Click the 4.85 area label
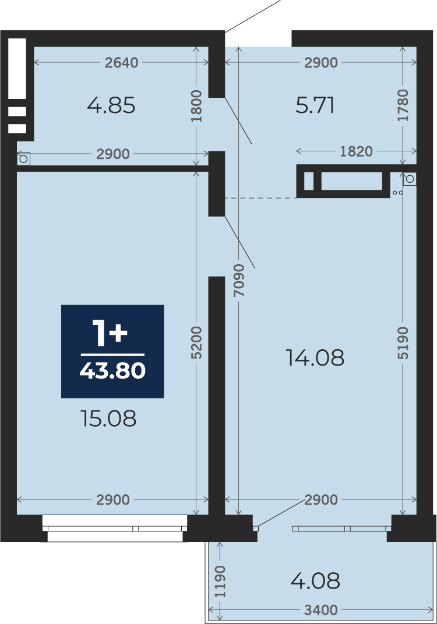pos(111,105)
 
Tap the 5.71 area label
pos(315,105)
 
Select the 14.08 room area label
pos(315,357)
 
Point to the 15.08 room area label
pos(108,419)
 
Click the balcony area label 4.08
pos(315,580)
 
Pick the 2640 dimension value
pos(122,62)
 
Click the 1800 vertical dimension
pos(196,107)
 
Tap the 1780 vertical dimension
pos(403,105)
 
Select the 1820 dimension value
pos(356,151)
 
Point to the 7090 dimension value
pos(239,280)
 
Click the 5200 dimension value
pos(196,343)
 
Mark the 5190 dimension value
pos(403,343)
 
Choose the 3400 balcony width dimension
pos(320,609)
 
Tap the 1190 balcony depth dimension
pos(220,582)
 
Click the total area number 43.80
pos(112,371)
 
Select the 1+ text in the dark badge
pos(110,332)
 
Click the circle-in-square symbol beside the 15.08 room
pos(23,159)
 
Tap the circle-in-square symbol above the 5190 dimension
pos(410,179)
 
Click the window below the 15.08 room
pos(115,529)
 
